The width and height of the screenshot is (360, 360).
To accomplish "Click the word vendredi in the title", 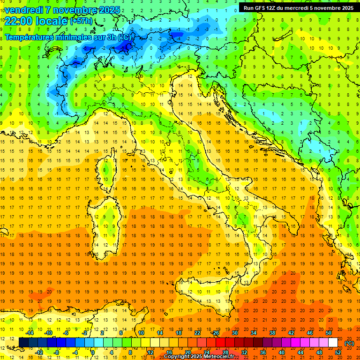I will [23, 10].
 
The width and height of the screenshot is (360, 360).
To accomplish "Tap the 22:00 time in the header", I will [18, 21].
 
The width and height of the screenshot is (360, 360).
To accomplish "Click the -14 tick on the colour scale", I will [30, 333].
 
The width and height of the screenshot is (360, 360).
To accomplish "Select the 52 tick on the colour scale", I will [338, 352].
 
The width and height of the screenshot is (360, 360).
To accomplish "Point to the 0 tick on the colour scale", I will [93, 352].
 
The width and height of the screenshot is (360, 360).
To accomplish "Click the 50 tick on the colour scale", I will [329, 333].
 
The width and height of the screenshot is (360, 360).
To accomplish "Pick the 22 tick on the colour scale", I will [197, 333].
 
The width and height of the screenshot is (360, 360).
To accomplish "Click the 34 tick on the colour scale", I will [254, 333].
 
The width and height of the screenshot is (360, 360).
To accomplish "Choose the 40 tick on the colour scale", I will [282, 352].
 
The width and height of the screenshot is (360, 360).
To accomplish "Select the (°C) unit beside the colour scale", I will [349, 343].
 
